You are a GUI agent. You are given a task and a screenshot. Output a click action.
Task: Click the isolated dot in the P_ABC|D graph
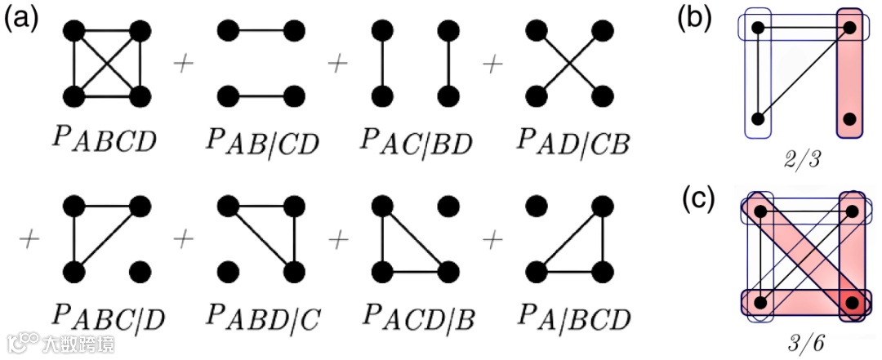[140, 269]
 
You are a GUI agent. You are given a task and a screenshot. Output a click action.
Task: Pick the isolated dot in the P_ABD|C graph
[229, 269]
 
